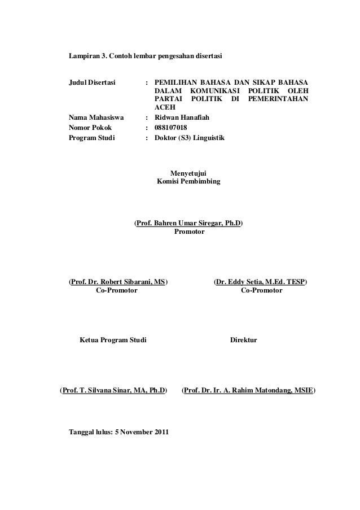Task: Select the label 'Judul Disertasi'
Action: coord(92,83)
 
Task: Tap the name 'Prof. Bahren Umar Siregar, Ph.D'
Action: coord(188,224)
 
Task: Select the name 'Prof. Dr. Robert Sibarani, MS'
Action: coord(118,282)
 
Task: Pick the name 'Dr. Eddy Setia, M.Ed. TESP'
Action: coord(261,282)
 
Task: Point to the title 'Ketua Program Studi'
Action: coord(113,341)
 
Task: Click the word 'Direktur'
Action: coord(244,341)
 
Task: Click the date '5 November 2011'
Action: coord(141,432)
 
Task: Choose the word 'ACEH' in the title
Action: coord(165,109)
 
